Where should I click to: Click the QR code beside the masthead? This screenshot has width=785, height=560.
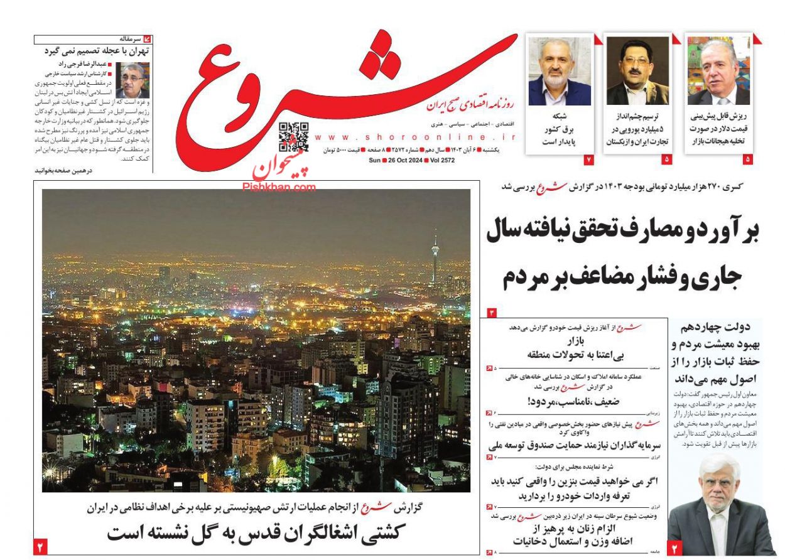click(293, 137)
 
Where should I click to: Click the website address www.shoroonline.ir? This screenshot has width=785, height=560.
click(415, 137)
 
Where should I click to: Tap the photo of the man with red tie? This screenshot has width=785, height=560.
click(719, 72)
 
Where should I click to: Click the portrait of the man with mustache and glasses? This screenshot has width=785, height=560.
click(637, 72)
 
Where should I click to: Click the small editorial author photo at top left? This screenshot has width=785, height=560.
click(132, 81)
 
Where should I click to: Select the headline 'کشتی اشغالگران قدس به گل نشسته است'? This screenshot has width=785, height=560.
click(257, 532)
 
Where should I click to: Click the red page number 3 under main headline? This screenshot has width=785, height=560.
click(492, 312)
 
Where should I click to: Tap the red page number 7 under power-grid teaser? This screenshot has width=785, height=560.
click(589, 160)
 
